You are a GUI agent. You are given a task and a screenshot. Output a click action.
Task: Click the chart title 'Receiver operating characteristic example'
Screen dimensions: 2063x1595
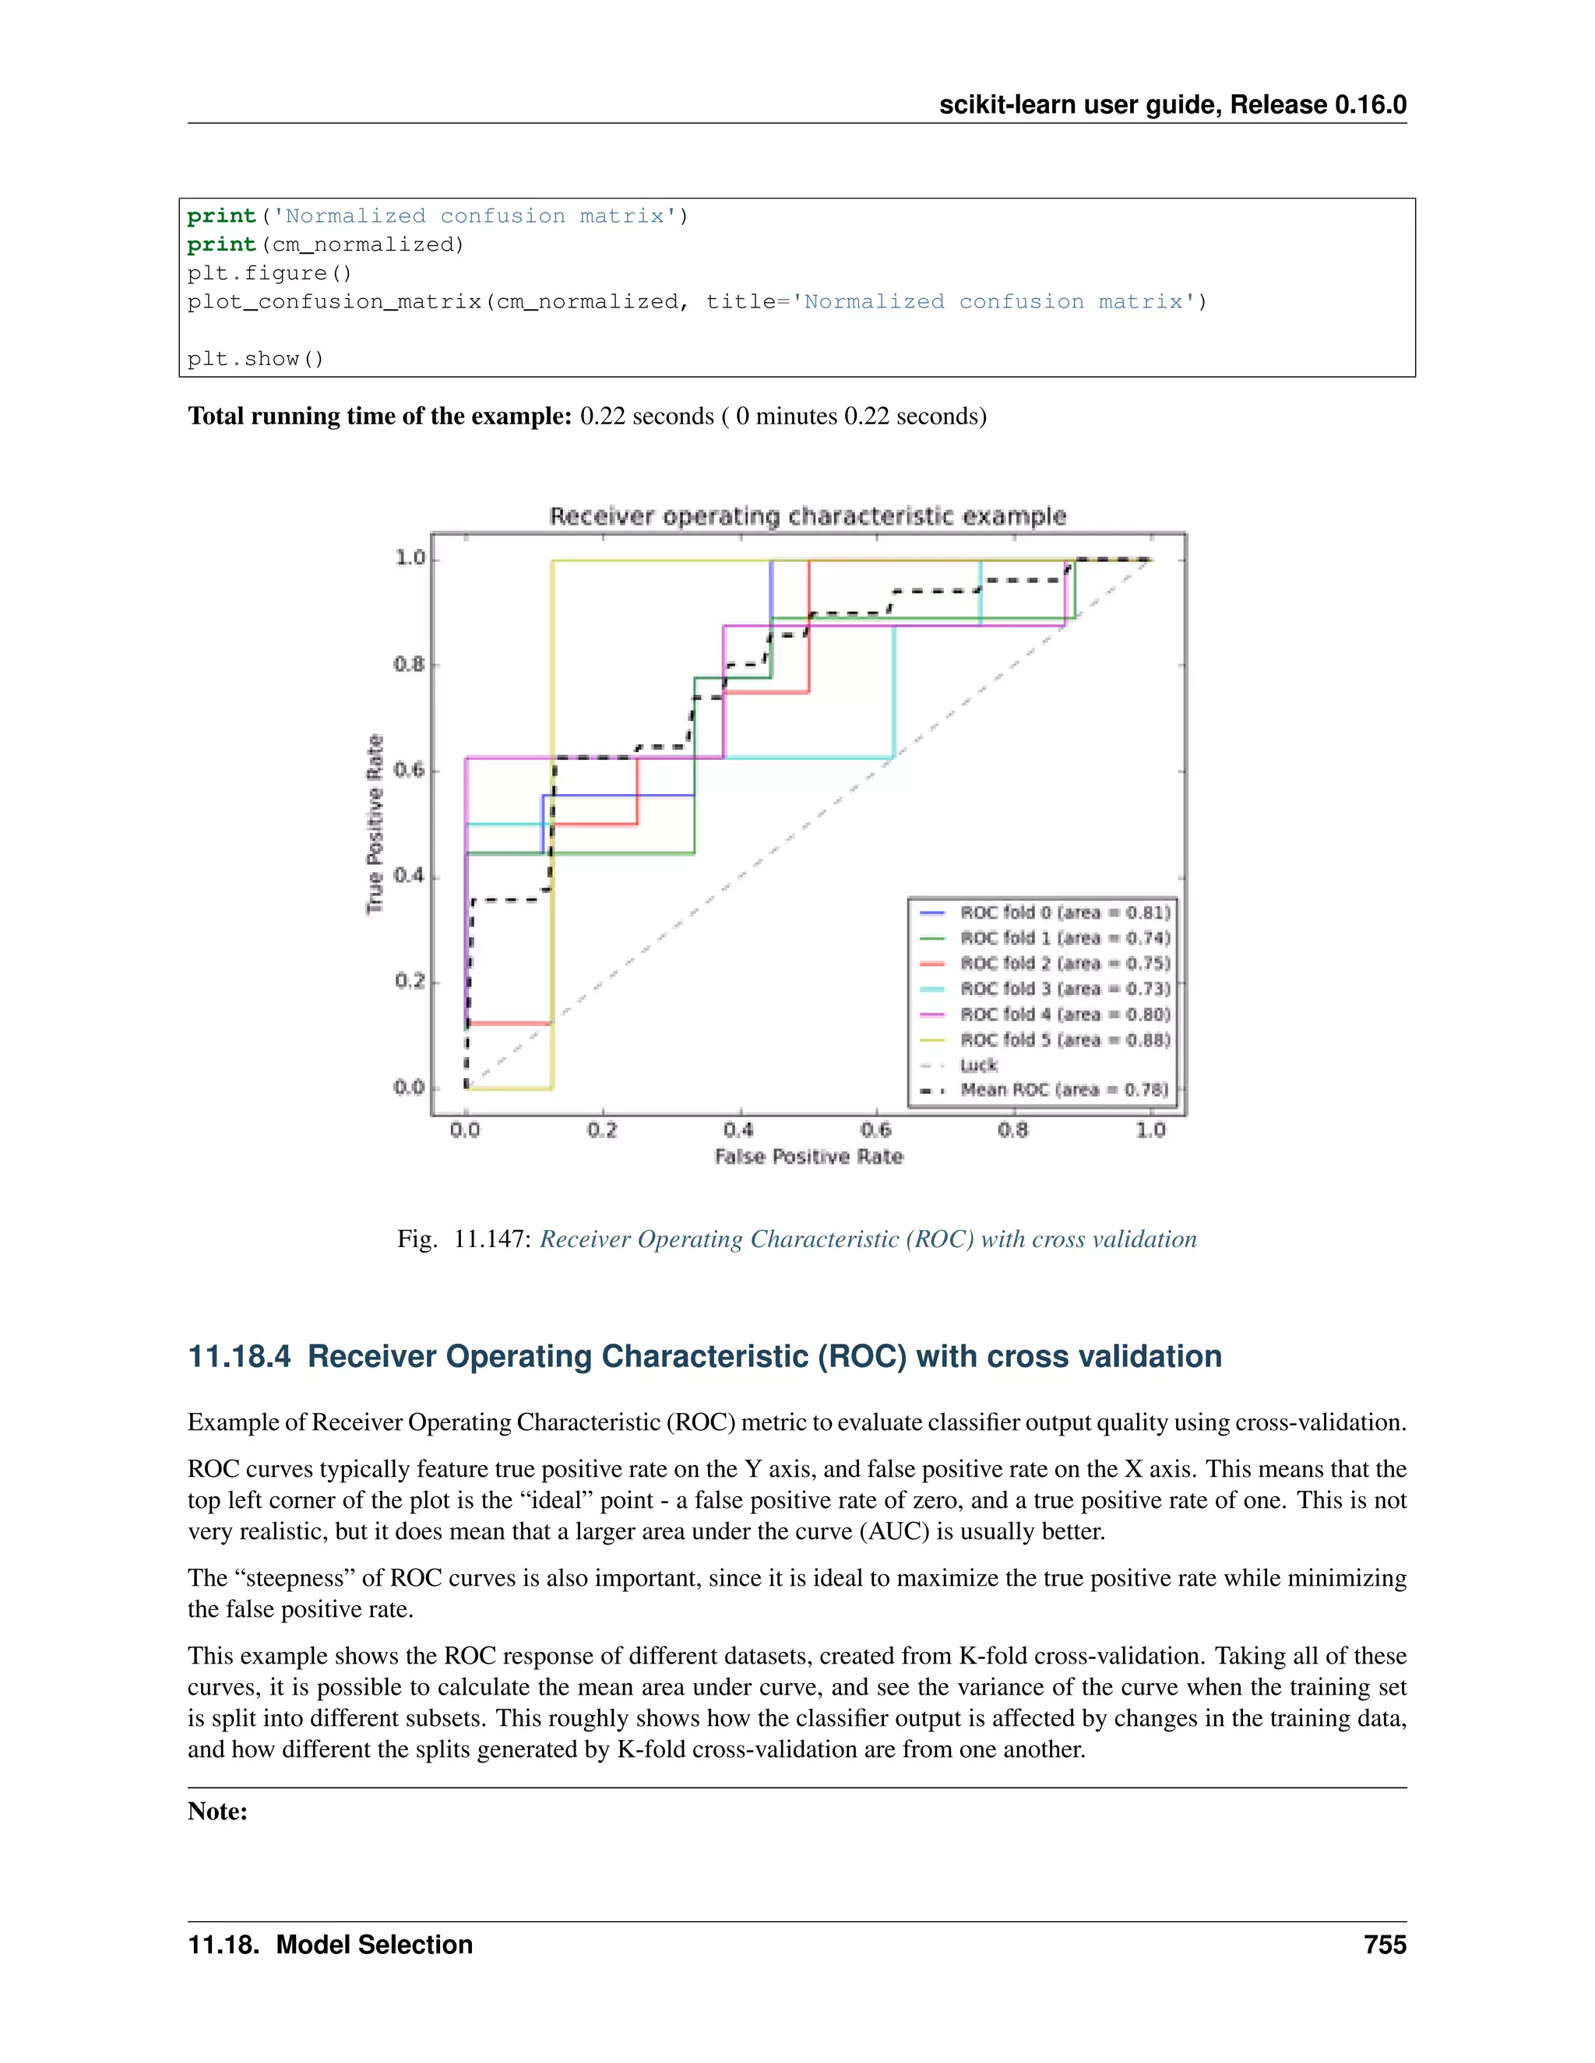pos(808,515)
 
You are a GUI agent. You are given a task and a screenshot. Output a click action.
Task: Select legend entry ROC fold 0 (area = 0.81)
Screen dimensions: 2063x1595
pos(1065,912)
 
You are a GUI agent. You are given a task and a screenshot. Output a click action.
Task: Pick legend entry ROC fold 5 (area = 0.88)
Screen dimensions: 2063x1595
pos(1065,1040)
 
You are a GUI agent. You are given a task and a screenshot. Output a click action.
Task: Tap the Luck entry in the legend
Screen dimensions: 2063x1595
pos(979,1066)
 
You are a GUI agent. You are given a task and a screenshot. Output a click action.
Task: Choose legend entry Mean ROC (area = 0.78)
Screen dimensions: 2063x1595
pos(1064,1090)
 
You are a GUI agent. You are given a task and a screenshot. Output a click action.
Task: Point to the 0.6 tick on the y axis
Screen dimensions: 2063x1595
pos(409,770)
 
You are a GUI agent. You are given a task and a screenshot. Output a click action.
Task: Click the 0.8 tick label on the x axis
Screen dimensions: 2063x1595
pos(1013,1130)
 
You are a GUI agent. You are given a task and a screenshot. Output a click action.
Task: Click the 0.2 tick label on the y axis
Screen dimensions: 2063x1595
pos(409,982)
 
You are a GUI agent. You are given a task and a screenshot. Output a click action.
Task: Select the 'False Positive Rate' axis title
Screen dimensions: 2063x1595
pos(809,1157)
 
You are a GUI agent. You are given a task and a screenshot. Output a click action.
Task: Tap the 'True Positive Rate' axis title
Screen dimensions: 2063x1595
pos(375,824)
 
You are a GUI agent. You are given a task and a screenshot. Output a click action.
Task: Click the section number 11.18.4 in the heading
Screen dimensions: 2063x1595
pos(240,1356)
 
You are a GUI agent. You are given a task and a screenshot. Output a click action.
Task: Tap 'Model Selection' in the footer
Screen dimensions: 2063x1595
pos(374,1945)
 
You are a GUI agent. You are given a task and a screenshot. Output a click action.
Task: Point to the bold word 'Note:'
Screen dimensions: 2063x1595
pos(217,1811)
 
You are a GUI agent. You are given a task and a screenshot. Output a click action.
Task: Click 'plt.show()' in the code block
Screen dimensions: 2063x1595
pos(255,359)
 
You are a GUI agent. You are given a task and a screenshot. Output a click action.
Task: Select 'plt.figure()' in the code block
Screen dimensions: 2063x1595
pos(269,273)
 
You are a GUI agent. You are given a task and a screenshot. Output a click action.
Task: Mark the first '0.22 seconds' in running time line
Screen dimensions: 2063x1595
pos(646,416)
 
